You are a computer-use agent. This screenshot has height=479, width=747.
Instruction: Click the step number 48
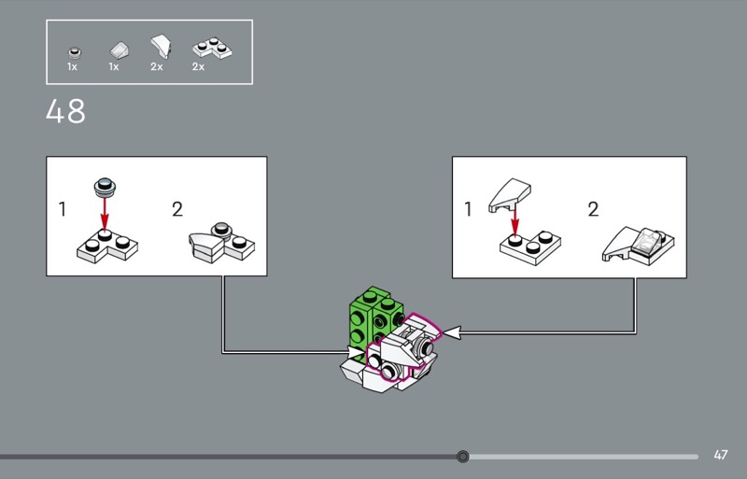pos(65,112)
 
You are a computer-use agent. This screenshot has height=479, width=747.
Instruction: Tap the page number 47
pos(720,456)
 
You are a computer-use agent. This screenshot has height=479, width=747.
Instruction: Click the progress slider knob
pos(463,457)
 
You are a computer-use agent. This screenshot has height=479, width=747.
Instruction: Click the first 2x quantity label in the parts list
pos(156,67)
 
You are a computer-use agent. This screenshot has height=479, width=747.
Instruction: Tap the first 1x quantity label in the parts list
pos(72,67)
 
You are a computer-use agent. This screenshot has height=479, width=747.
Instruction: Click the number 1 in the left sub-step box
pos(63,209)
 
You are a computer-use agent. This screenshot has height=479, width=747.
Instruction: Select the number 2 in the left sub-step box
pos(177,209)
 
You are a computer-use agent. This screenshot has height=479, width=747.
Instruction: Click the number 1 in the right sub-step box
pos(469,209)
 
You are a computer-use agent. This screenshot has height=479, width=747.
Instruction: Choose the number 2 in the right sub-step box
pos(593,209)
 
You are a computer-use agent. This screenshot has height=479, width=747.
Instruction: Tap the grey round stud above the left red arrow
pos(105,189)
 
